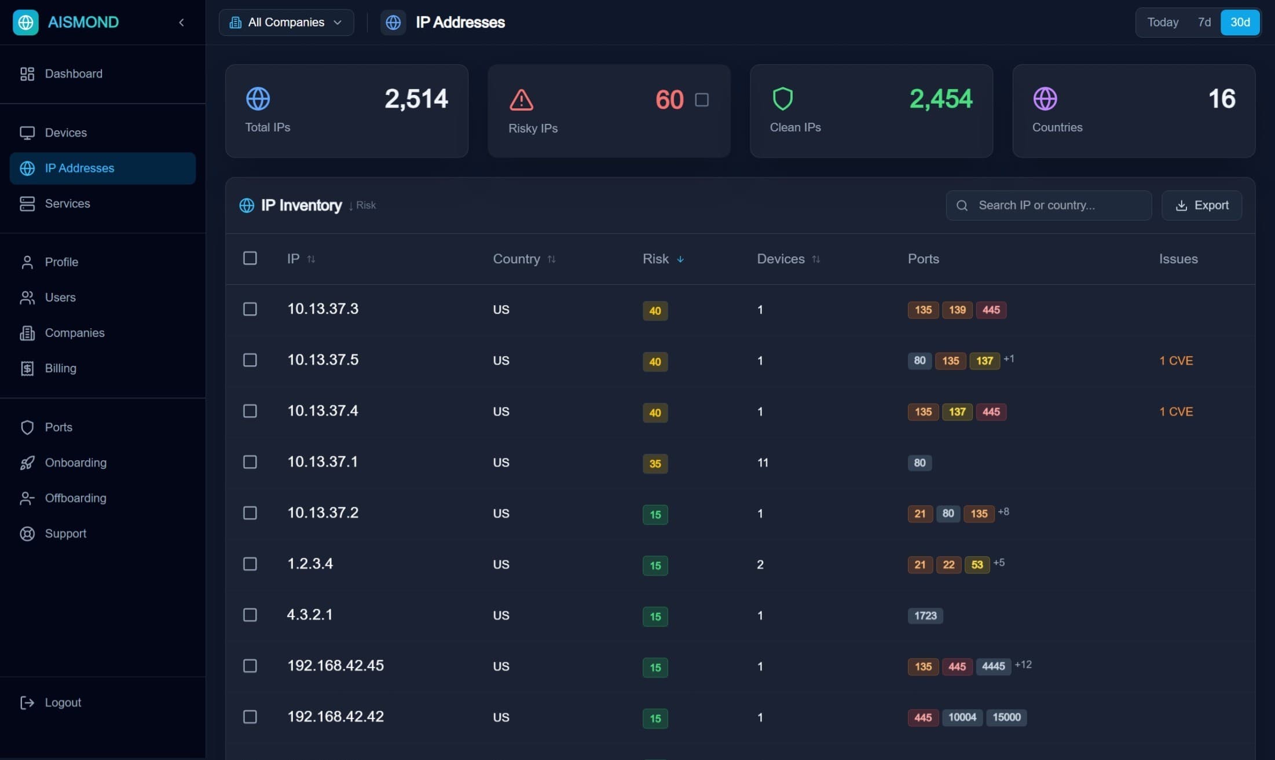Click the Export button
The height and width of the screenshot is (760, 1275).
[x=1201, y=205]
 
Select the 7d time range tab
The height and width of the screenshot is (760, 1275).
[x=1204, y=22]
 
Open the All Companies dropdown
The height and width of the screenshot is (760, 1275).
[x=286, y=23]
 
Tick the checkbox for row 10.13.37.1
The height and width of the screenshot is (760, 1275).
[x=250, y=462]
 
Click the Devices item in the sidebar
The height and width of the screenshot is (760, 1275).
[x=65, y=133]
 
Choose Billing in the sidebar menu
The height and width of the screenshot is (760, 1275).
[x=60, y=368]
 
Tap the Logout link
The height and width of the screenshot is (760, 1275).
[x=63, y=702]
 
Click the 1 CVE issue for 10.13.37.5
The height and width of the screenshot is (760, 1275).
[x=1175, y=361]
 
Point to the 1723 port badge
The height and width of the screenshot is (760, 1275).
[x=925, y=615]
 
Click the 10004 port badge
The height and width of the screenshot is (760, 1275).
[x=962, y=717]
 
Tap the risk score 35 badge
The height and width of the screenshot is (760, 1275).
[x=655, y=464]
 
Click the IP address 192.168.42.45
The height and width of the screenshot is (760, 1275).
[x=335, y=666]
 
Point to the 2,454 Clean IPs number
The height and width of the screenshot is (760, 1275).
[x=940, y=99]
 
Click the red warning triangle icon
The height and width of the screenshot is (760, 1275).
[x=521, y=100]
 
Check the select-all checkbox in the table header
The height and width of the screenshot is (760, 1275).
[x=250, y=258]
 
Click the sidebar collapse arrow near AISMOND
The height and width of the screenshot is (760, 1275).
[x=181, y=23]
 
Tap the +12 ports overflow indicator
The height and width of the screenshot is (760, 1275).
[x=1023, y=664]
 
